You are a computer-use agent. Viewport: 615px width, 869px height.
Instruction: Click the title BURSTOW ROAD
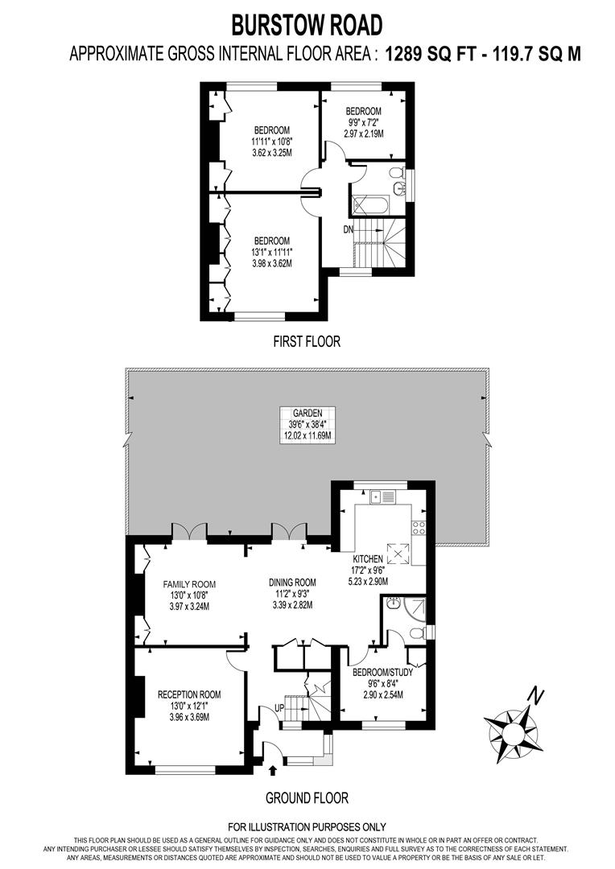307,25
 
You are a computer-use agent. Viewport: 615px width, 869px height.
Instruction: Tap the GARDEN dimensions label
307,424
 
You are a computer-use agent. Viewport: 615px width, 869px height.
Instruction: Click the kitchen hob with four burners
419,528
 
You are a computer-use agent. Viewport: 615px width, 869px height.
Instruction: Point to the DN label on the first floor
349,229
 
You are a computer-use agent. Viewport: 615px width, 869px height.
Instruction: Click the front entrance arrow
270,771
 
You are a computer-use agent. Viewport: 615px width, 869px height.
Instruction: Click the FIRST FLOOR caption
307,341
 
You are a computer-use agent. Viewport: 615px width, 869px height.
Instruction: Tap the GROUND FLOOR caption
307,798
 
